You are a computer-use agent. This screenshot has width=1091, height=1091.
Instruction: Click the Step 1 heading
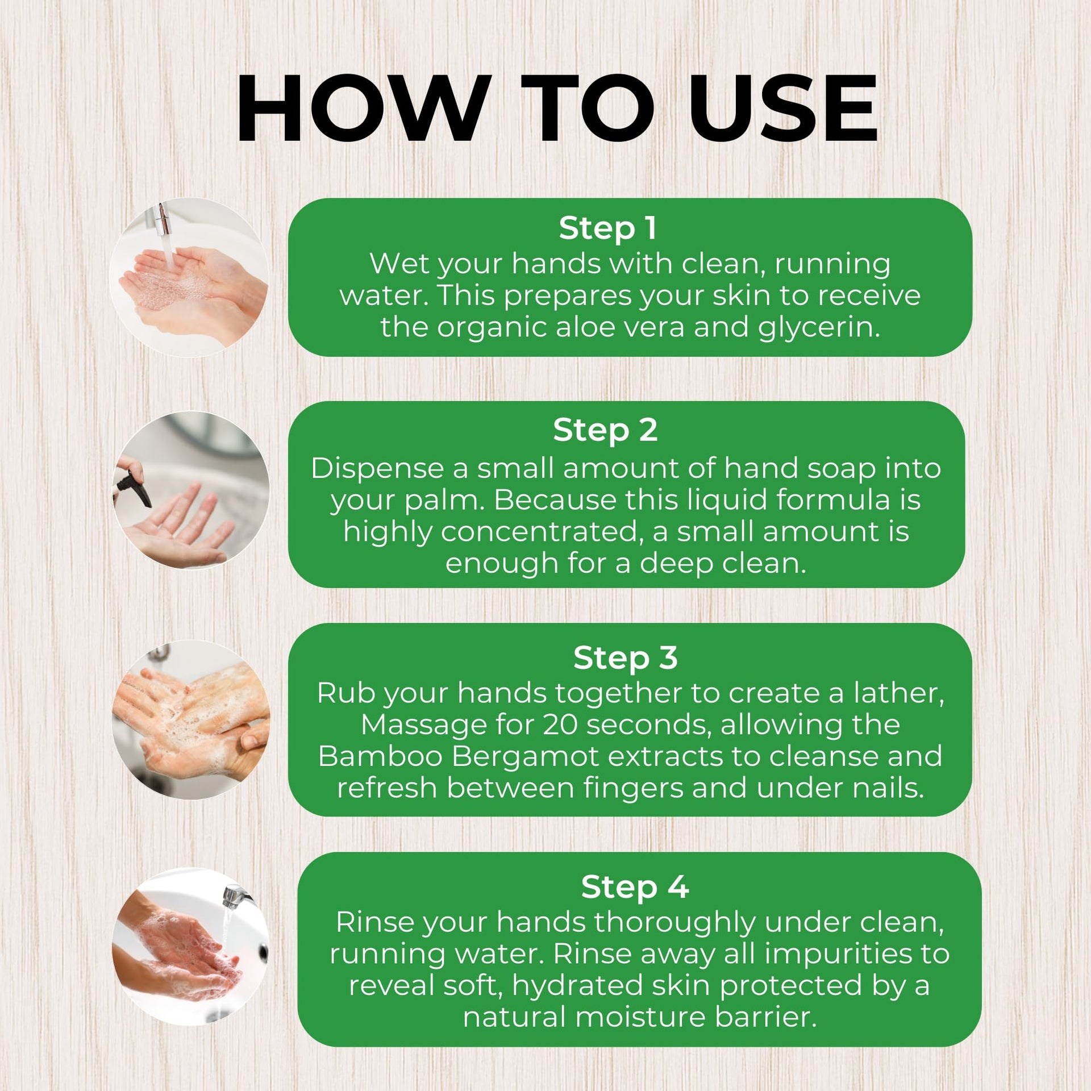607,228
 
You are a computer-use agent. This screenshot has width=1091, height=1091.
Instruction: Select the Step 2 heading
605,431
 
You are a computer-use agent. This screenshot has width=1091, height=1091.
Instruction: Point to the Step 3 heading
625,658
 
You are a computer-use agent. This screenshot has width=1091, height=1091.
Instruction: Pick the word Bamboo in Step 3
380,756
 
